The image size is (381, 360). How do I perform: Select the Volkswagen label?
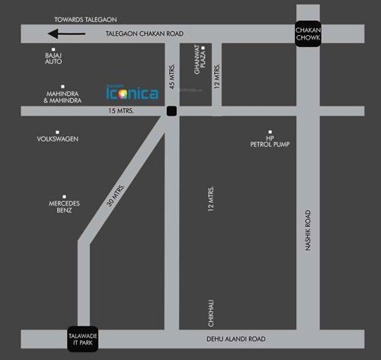pyautogui.click(x=58, y=139)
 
